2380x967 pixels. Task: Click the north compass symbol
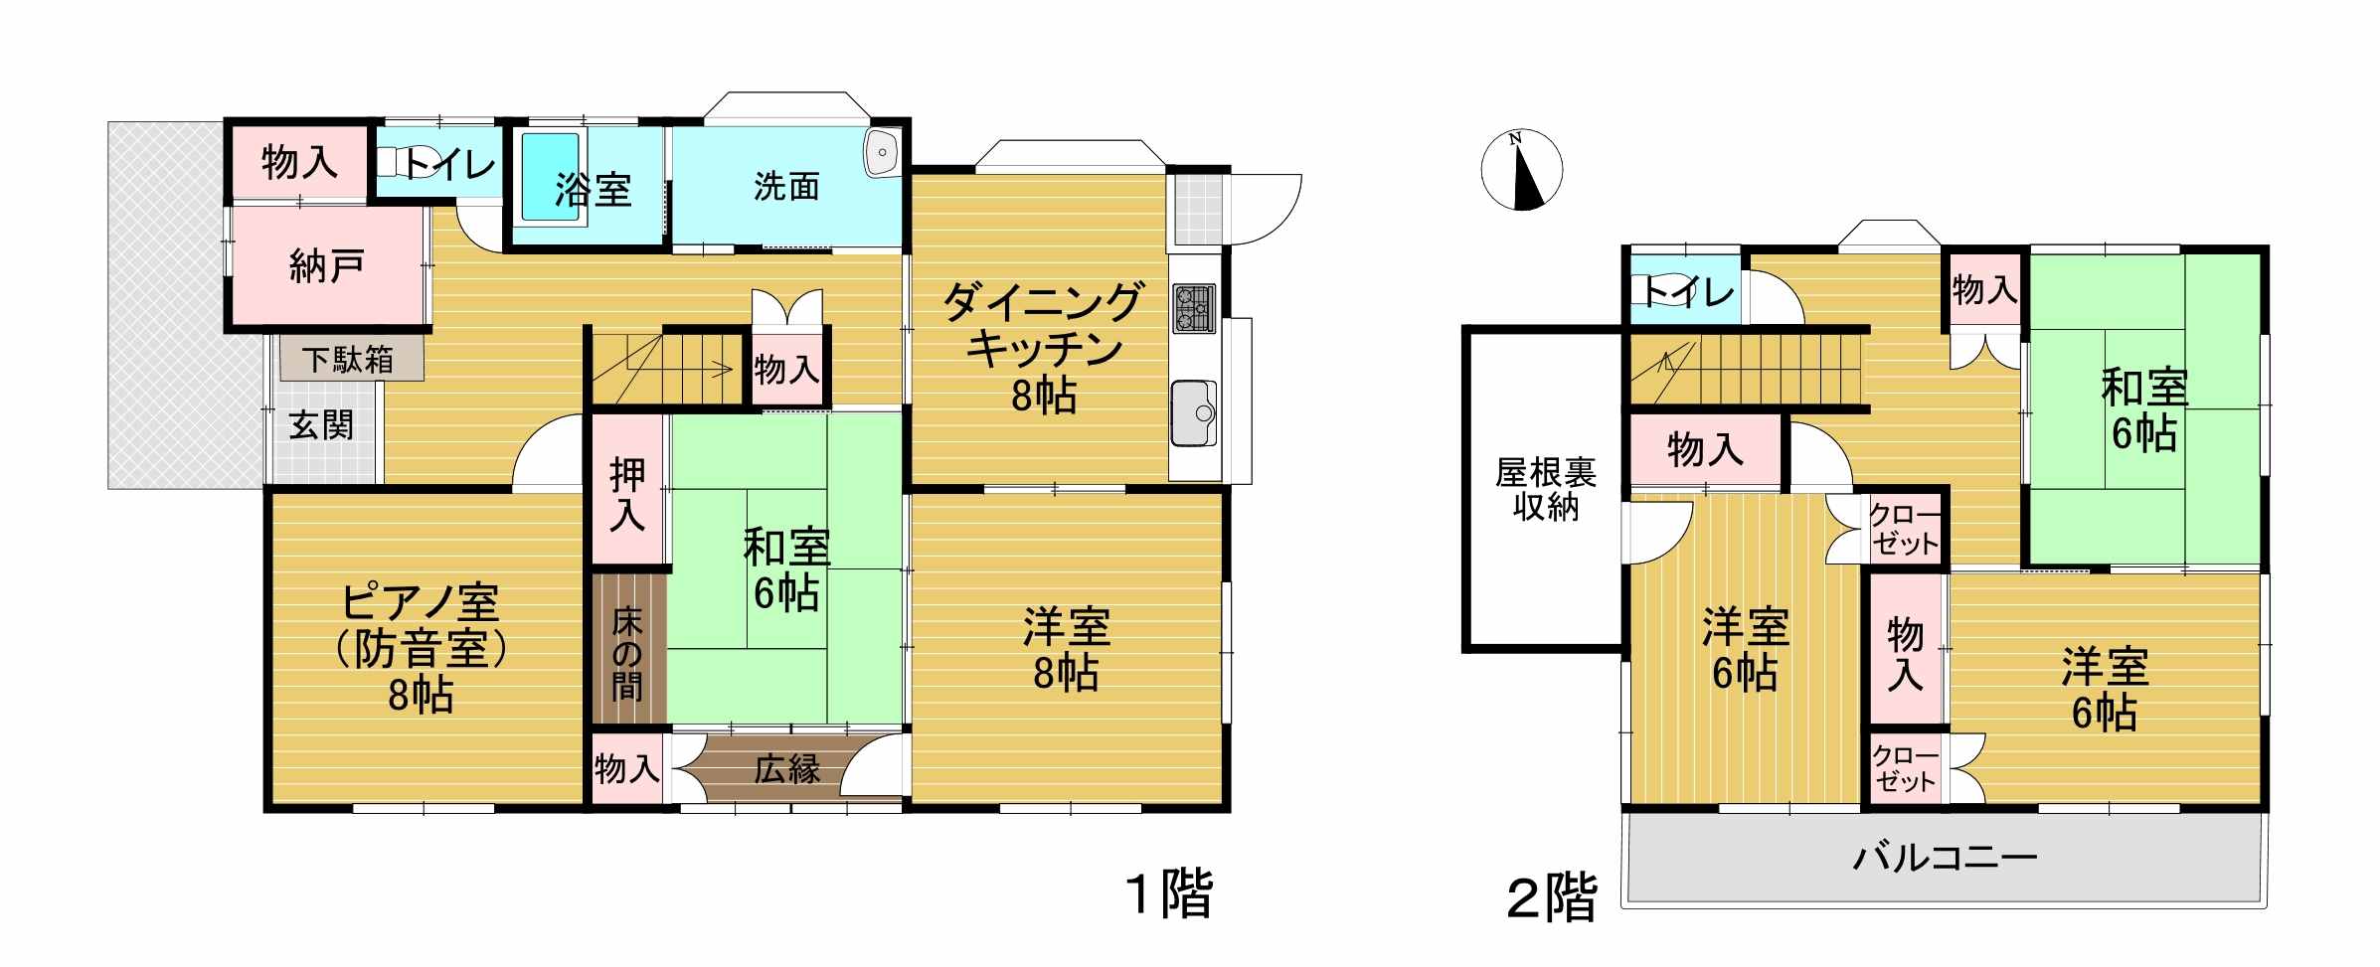pos(1521,170)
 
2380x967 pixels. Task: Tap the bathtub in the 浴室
pos(551,177)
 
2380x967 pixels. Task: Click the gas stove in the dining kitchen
pos(1194,308)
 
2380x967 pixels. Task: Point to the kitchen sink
pos(1194,412)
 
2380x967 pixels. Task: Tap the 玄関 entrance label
pos(321,425)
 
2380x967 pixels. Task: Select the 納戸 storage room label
pos(327,265)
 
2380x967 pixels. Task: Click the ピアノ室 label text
pos(421,604)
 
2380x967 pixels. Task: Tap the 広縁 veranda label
pos(787,768)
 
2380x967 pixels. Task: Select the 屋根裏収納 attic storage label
pos(1546,489)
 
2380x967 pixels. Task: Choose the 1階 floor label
pos(1169,893)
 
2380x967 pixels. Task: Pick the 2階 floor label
pos(1552,899)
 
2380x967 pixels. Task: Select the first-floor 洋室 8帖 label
pos(1067,650)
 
